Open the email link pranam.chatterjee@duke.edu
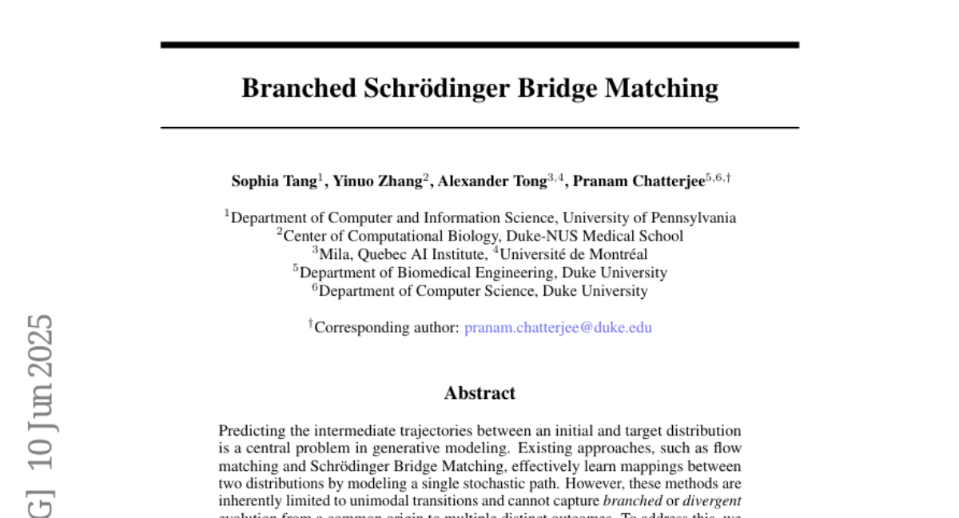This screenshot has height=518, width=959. click(558, 327)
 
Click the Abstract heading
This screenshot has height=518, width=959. click(479, 392)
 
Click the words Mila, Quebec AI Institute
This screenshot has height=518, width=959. click(403, 254)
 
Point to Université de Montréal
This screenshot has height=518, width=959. click(573, 254)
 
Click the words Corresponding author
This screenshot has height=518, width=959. click(387, 327)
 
